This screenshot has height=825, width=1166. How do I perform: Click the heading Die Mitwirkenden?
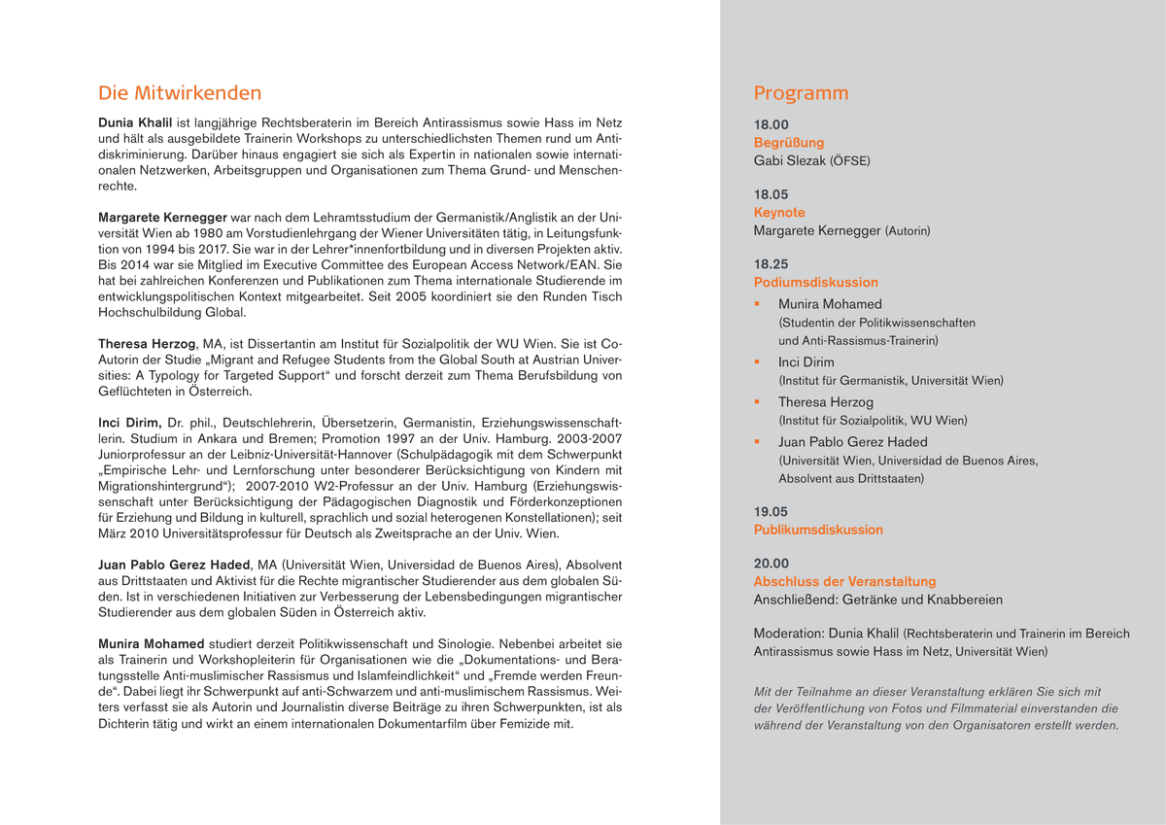(x=180, y=93)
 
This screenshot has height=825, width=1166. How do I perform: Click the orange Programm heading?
(x=801, y=93)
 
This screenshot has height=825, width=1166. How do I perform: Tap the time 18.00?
(x=772, y=124)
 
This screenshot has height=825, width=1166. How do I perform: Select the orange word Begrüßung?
(x=789, y=143)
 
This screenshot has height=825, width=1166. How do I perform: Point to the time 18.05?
(x=772, y=194)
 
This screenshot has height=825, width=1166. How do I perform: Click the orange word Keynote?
(x=779, y=212)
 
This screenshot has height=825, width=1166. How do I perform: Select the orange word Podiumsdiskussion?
(x=815, y=282)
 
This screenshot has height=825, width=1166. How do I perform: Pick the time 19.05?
(x=772, y=511)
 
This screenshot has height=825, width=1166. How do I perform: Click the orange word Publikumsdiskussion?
(x=818, y=530)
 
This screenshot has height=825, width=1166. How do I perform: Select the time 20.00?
(x=772, y=563)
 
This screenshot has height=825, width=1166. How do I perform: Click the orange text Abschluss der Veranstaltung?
(x=844, y=581)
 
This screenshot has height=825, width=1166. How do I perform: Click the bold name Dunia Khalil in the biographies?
(x=135, y=123)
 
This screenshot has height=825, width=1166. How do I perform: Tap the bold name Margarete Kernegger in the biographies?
(x=162, y=217)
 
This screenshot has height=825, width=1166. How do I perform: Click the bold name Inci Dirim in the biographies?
(x=129, y=423)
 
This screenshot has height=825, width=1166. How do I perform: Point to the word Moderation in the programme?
(x=790, y=634)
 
